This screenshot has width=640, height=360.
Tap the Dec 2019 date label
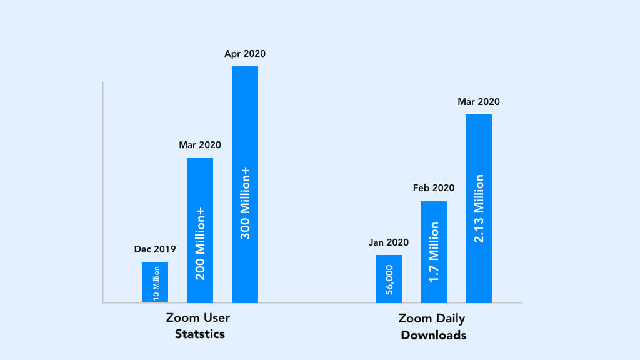click(x=155, y=249)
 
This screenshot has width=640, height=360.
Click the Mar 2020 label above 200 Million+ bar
click(x=200, y=145)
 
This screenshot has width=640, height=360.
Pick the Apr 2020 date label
click(x=245, y=54)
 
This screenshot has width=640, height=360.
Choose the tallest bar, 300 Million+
click(x=245, y=125)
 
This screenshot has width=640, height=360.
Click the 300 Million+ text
click(x=246, y=203)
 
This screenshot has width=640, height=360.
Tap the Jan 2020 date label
click(x=389, y=242)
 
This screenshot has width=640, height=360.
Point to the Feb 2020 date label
click(x=434, y=188)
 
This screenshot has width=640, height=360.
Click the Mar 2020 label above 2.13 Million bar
click(x=479, y=102)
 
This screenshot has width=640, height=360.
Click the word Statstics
click(x=199, y=334)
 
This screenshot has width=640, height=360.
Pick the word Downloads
click(x=433, y=335)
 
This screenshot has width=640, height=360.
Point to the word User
click(x=216, y=317)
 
